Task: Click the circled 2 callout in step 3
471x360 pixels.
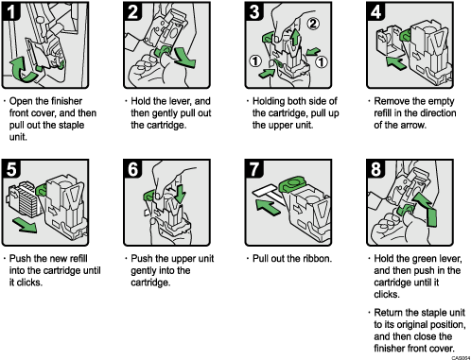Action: [x=314, y=21]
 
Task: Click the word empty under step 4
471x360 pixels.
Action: [x=427, y=101]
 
